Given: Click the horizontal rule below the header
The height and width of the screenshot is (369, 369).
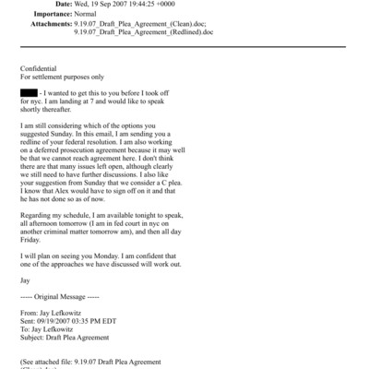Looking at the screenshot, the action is (184, 53).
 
